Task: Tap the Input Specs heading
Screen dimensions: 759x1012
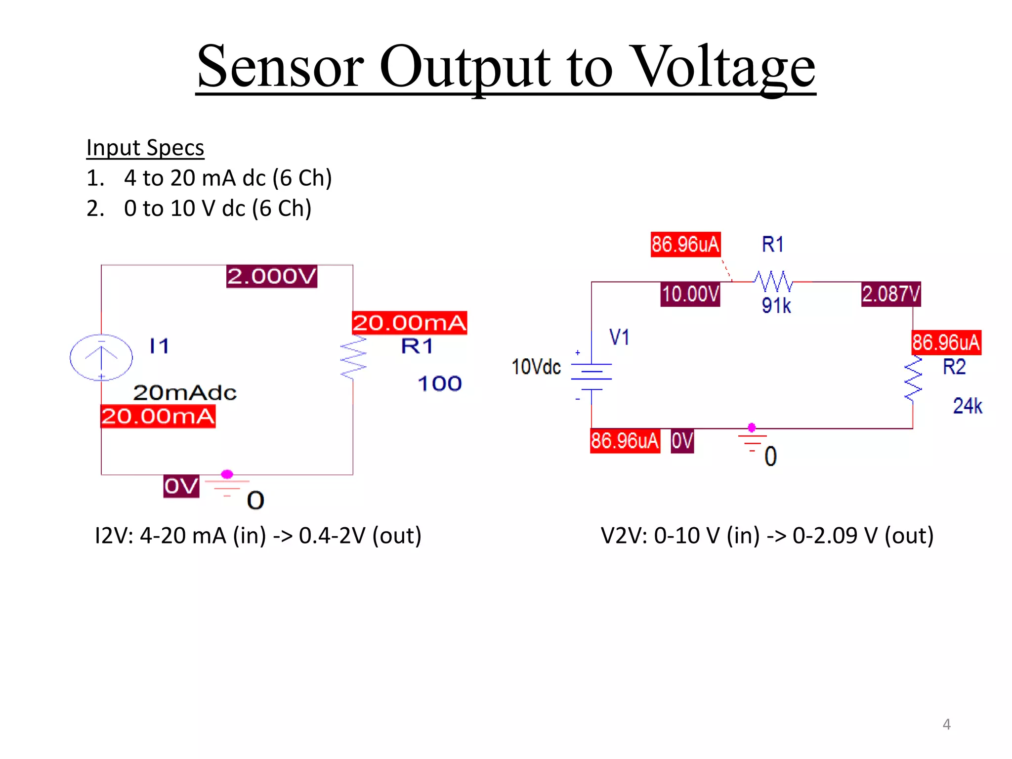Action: tap(145, 148)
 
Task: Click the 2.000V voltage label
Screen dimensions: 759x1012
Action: tap(271, 276)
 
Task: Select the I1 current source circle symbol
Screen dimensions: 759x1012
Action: tap(101, 357)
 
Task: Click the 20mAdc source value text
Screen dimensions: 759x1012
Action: tap(185, 393)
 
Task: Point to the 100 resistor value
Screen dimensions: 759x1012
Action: tap(439, 384)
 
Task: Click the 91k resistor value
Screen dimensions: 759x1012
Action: tap(776, 306)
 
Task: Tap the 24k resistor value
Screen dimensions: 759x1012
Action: tap(967, 406)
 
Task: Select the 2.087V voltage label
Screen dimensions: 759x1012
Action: tap(890, 294)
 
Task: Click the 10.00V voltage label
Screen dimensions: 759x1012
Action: tap(690, 294)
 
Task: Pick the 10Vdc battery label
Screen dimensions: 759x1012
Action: tap(536, 367)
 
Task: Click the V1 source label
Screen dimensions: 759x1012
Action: tap(619, 337)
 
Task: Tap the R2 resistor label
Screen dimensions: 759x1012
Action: tap(954, 367)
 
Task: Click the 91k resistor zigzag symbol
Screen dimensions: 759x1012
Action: tap(773, 282)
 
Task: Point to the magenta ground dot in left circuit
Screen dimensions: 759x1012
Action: tap(227, 474)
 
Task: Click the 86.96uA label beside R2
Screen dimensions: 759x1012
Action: tap(946, 342)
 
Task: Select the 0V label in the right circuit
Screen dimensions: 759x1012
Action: tap(682, 441)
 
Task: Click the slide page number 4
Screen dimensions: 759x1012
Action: tap(946, 724)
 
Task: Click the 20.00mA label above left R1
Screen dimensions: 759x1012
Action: tap(409, 323)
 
